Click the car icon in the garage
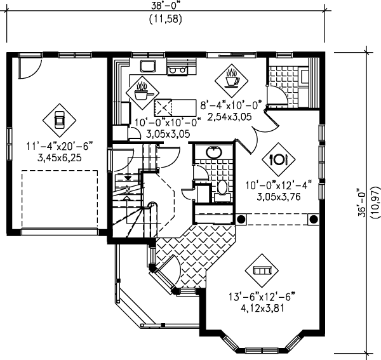(x=58, y=119)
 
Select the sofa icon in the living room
(x=261, y=270)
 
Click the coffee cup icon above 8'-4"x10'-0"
(x=231, y=79)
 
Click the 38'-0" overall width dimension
(x=166, y=6)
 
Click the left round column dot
(x=241, y=219)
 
